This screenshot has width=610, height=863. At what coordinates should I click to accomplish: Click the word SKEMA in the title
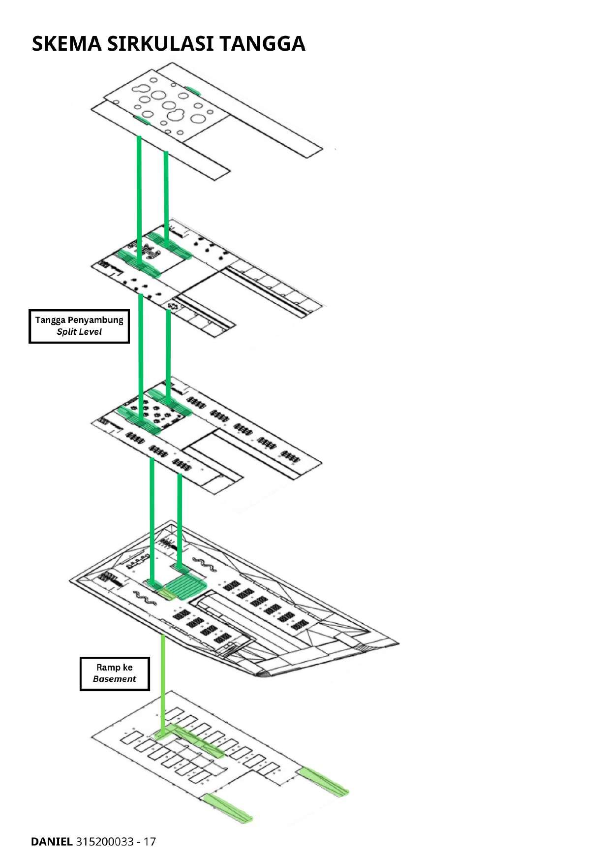pyautogui.click(x=67, y=44)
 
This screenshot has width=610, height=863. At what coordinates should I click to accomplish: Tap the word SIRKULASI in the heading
pyautogui.click(x=160, y=44)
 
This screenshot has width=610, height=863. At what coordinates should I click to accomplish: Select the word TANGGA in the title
pyautogui.click(x=262, y=44)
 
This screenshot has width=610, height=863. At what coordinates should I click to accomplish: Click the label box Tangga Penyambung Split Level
pyautogui.click(x=79, y=326)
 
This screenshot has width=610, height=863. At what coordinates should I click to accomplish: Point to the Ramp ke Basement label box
pyautogui.click(x=115, y=673)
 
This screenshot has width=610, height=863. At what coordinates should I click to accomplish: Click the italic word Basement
pyautogui.click(x=115, y=679)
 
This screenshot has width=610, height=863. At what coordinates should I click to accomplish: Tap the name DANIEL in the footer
pyautogui.click(x=51, y=841)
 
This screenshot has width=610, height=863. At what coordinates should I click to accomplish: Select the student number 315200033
pyautogui.click(x=105, y=841)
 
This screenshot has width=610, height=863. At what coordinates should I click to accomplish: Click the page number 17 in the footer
pyautogui.click(x=150, y=841)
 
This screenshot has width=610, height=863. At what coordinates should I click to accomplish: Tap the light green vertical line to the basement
pyautogui.click(x=163, y=684)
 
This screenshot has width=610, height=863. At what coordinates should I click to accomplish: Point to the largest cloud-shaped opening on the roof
pyautogui.click(x=175, y=116)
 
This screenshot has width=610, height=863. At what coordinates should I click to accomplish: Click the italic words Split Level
pyautogui.click(x=79, y=332)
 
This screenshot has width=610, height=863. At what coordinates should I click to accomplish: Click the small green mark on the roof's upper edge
pyautogui.click(x=193, y=90)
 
